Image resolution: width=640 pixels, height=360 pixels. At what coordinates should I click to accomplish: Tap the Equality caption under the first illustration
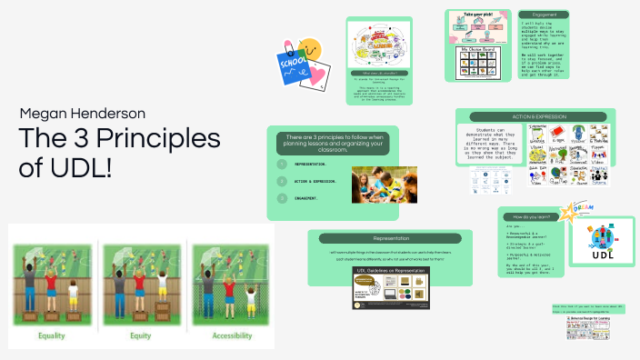click(x=51, y=336)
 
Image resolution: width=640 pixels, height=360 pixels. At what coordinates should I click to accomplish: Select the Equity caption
click(x=140, y=336)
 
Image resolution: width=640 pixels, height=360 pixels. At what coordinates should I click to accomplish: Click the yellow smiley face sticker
click(x=311, y=45)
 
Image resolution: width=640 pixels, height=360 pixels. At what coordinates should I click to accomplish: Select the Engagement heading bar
click(x=544, y=15)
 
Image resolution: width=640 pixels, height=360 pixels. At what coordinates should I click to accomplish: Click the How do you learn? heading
click(x=531, y=217)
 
